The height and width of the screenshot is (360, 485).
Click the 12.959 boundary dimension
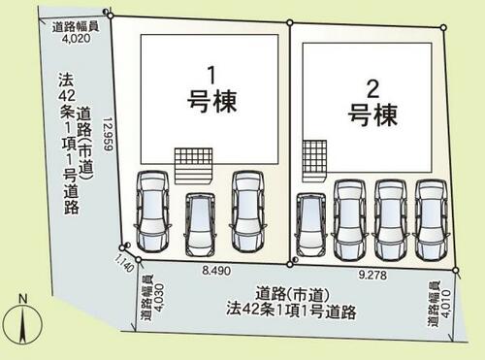[x=108, y=134]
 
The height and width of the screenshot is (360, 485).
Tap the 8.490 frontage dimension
[x=216, y=271]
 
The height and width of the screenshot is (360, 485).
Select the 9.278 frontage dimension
[x=372, y=276]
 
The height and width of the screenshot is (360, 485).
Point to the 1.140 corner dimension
[x=124, y=263]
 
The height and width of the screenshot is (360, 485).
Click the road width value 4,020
[x=77, y=39]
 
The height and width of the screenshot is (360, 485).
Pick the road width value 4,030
[x=159, y=298]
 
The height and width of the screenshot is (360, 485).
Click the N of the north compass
[x=22, y=299]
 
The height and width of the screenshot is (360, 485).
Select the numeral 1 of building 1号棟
[x=211, y=76]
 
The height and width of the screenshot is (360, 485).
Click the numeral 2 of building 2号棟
[x=372, y=89]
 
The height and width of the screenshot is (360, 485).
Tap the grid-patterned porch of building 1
[x=193, y=166]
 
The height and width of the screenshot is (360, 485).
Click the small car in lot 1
[x=200, y=224]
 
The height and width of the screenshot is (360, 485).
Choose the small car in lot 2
[x=310, y=225]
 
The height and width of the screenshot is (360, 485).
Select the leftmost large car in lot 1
[x=152, y=212]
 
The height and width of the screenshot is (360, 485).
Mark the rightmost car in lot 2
[x=432, y=220]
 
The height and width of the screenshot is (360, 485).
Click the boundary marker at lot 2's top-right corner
[x=443, y=28]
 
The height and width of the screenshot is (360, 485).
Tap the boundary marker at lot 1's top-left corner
[x=111, y=16]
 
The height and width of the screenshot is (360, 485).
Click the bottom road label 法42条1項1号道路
[x=291, y=311]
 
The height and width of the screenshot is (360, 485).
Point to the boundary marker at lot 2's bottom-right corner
[x=456, y=270]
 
